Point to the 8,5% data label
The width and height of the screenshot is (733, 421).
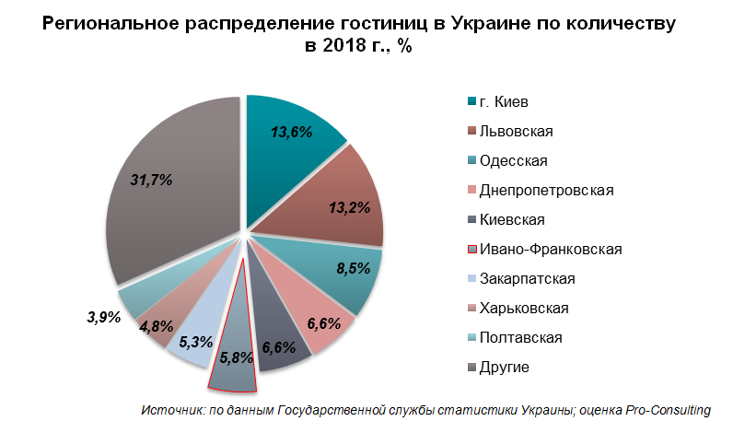(354, 268)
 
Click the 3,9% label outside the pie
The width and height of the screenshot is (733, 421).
(104, 317)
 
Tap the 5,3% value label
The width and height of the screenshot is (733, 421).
(196, 343)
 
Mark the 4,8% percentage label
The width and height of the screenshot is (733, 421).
(157, 326)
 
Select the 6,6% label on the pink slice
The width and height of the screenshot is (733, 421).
(324, 323)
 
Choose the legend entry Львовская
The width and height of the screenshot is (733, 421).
(510, 132)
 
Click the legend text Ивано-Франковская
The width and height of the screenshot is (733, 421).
(551, 250)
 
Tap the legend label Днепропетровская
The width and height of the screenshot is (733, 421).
(546, 191)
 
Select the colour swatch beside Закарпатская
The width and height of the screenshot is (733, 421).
(471, 279)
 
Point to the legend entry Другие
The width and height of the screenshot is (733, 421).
(498, 368)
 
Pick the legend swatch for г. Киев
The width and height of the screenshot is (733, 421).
(471, 102)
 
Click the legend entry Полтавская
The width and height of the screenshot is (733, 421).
(515, 338)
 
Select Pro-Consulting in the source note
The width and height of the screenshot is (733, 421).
(668, 410)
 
